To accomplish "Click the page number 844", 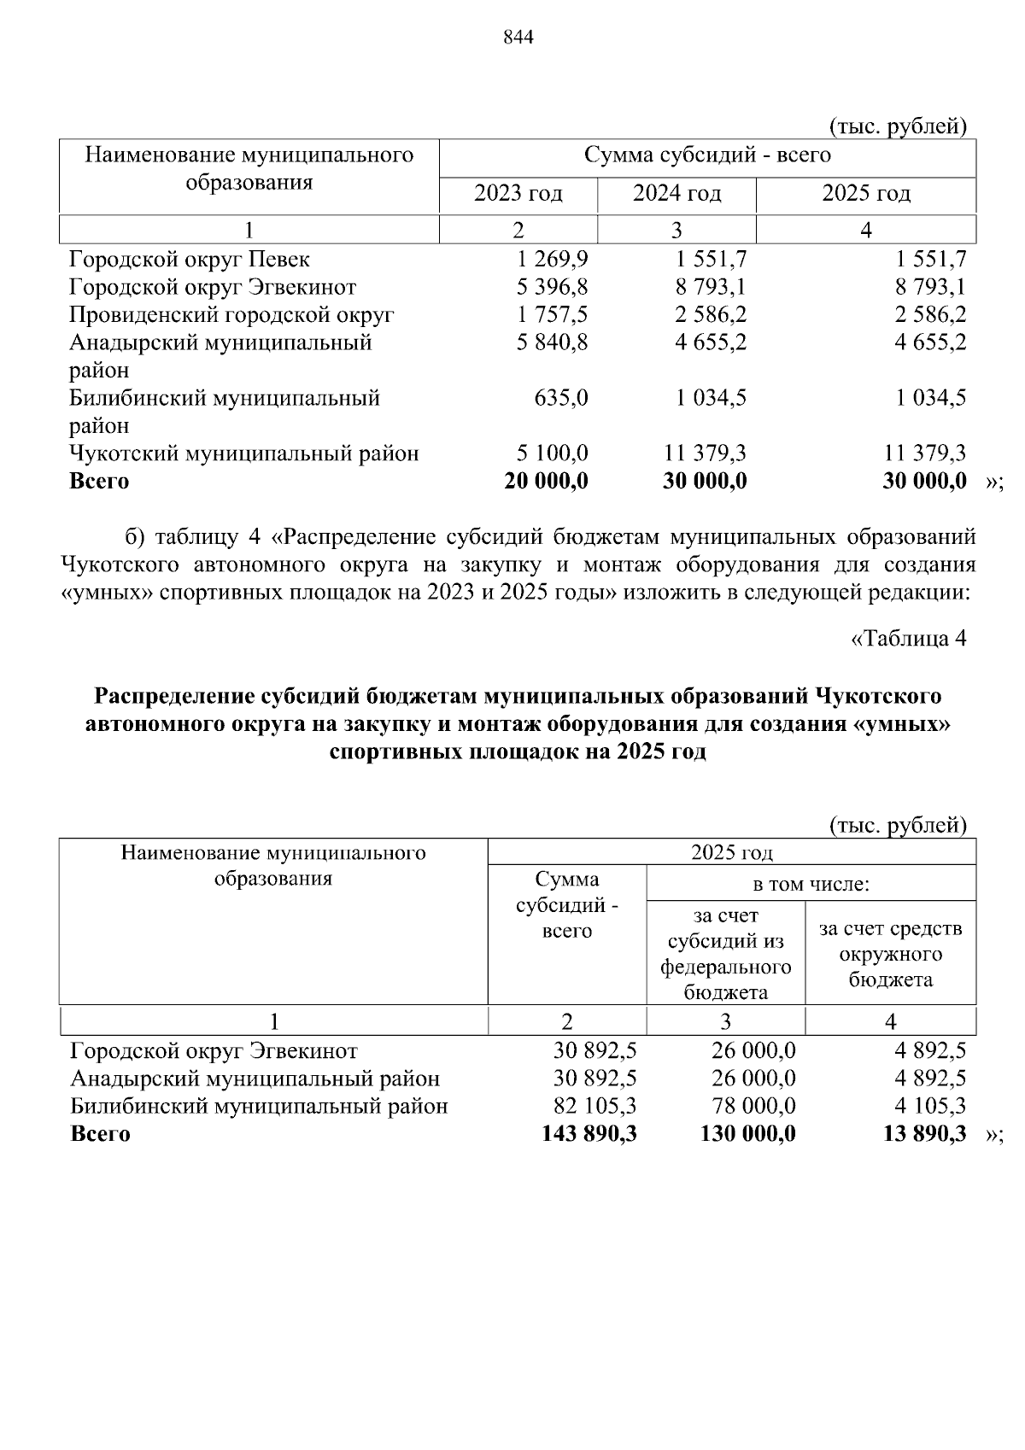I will (518, 38).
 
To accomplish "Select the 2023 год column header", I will (518, 194).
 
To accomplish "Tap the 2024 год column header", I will (676, 194).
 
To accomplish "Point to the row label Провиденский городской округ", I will (231, 315).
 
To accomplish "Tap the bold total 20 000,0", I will (547, 481).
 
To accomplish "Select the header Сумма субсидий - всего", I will (566, 905).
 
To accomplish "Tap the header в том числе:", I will (811, 884).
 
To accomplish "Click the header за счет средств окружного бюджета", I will (890, 953).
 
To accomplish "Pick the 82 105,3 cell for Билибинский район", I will (595, 1107).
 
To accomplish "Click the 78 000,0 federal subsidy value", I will (753, 1107).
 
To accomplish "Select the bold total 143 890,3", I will (589, 1134).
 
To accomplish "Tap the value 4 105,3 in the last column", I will (930, 1107).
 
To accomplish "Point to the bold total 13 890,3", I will (925, 1134).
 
